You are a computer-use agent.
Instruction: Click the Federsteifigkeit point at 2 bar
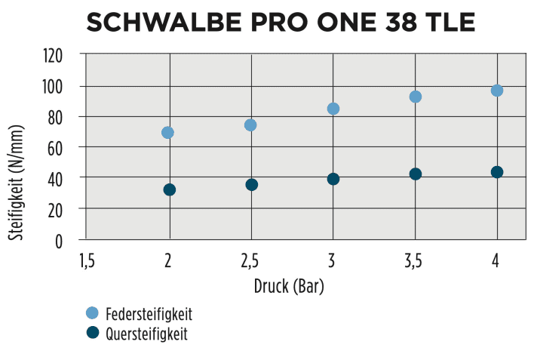pyautogui.click(x=167, y=133)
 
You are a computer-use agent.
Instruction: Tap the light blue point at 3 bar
pyautogui.click(x=333, y=109)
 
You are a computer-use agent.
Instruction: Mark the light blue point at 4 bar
pyautogui.click(x=497, y=91)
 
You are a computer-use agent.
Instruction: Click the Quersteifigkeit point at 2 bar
pyautogui.click(x=169, y=189)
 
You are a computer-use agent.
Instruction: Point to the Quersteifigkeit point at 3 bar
pyautogui.click(x=333, y=179)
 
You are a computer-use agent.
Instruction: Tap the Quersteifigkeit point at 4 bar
pyautogui.click(x=497, y=172)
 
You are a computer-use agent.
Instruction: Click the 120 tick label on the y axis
pyautogui.click(x=63, y=56)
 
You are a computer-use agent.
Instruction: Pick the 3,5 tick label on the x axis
pyautogui.click(x=414, y=261)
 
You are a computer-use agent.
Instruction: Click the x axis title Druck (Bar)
pyautogui.click(x=290, y=287)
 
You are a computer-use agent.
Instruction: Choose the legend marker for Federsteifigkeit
pyautogui.click(x=93, y=312)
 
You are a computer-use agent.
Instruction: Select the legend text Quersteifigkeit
pyautogui.click(x=146, y=334)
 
